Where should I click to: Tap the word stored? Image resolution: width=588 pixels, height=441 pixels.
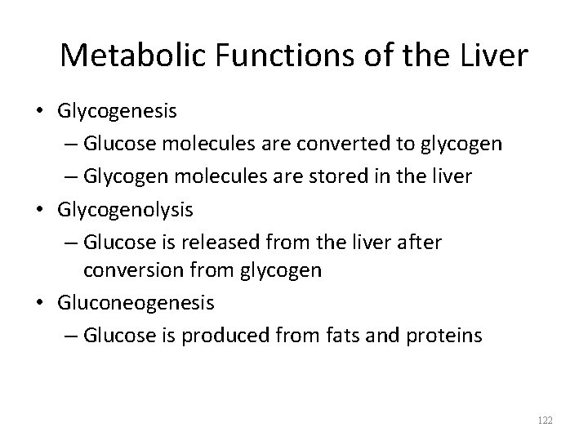[x=354, y=176]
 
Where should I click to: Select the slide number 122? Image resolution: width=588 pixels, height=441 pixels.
[x=546, y=421]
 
